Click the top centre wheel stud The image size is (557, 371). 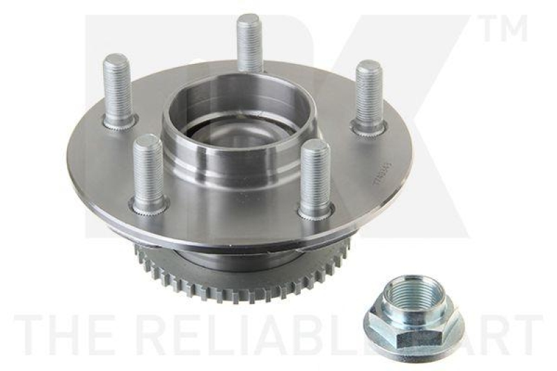coord(249,42)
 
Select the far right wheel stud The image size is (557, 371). coord(369,94)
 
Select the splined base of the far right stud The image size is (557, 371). coord(369,127)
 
